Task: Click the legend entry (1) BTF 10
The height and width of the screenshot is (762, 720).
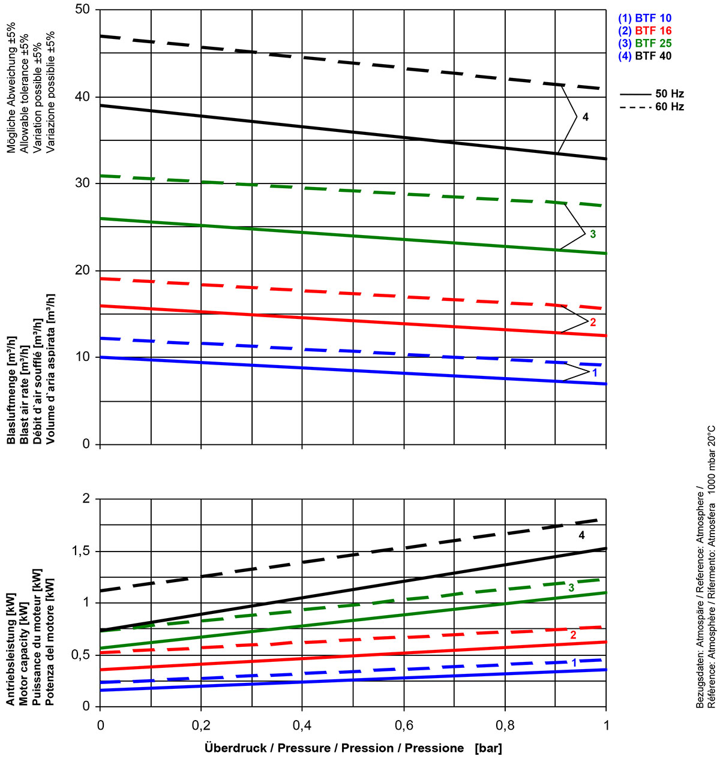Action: [x=644, y=18]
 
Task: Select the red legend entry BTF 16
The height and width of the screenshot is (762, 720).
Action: [x=644, y=31]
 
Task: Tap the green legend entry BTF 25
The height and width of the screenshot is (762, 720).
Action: [x=644, y=43]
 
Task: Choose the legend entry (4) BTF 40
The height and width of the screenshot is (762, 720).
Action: [x=644, y=56]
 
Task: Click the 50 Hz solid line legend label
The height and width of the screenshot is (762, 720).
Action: [x=670, y=94]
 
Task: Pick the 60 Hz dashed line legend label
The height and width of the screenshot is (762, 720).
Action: [x=670, y=107]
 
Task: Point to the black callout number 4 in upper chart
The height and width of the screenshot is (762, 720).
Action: [x=586, y=117]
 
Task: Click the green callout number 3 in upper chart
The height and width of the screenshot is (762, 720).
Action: [x=593, y=234]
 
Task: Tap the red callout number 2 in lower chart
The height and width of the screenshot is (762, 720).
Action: [x=573, y=634]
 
